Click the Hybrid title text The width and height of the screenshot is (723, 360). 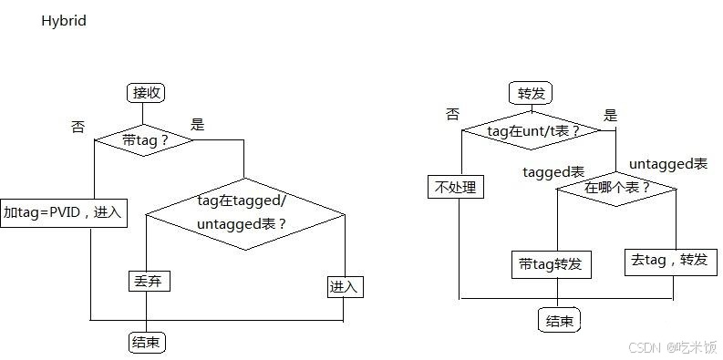click(x=63, y=20)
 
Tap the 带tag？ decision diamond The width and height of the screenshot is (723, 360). click(x=145, y=139)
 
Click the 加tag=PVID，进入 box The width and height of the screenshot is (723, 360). click(x=63, y=212)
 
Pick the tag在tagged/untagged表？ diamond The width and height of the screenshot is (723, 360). click(x=244, y=212)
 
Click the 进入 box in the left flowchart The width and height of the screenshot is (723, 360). click(x=345, y=287)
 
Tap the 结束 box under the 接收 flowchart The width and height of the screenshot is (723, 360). click(x=148, y=343)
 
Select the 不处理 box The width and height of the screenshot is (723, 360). click(x=456, y=188)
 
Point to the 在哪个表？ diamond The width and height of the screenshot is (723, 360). click(x=617, y=188)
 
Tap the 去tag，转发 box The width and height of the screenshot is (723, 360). click(x=669, y=260)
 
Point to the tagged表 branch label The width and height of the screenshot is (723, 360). click(x=553, y=171)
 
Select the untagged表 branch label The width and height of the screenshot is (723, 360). click(x=668, y=164)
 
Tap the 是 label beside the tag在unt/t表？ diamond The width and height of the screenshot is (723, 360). click(x=611, y=115)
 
